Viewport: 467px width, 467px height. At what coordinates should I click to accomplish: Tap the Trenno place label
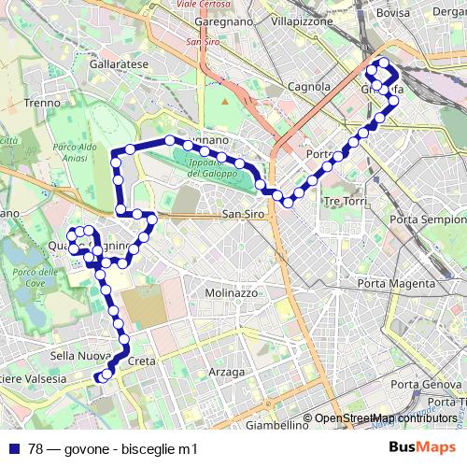tap(42, 103)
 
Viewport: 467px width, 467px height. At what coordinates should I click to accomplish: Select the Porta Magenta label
tap(396, 283)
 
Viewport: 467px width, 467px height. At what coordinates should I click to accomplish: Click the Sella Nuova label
tap(75, 356)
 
